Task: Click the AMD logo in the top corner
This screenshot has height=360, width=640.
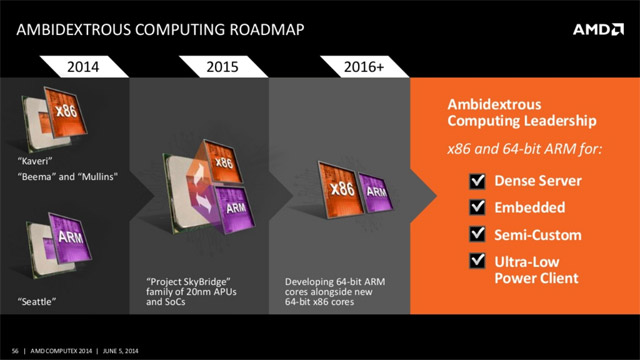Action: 597,29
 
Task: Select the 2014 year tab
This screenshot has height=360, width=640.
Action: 82,68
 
